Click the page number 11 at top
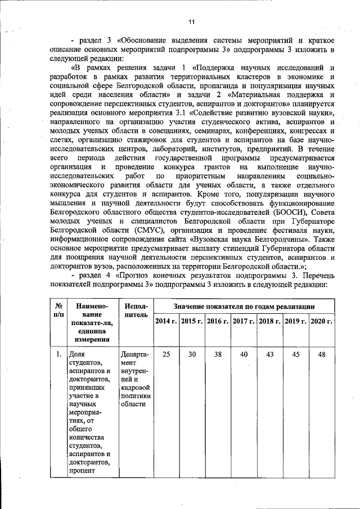[191, 22]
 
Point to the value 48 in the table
[322, 355]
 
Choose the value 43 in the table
[269, 355]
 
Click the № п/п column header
[58, 311]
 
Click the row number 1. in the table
[58, 355]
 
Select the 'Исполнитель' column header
[135, 311]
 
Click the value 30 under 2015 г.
[192, 355]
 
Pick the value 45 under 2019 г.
[295, 355]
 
